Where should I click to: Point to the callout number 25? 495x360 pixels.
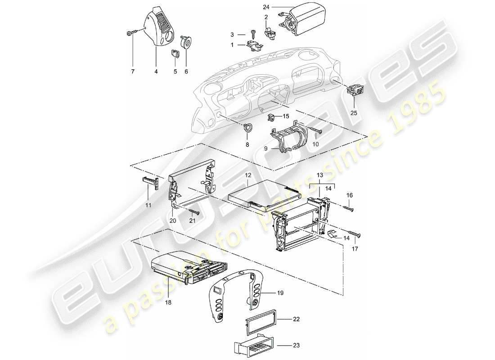[353, 113]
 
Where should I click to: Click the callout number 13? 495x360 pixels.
[320, 175]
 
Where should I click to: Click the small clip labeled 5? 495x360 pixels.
[175, 54]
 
